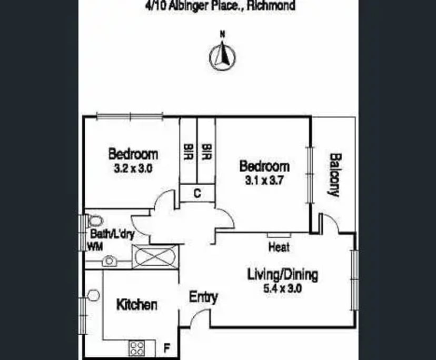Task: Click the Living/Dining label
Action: point(283,275)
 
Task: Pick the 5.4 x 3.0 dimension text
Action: point(283,288)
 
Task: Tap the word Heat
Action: point(279,246)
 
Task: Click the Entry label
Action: point(203,297)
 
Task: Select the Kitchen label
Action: point(136,305)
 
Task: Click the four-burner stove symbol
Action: point(137,347)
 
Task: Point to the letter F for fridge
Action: point(167,348)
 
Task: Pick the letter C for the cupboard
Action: point(197,193)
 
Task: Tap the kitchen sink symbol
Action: point(94,296)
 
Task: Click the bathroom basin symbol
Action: point(109,261)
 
